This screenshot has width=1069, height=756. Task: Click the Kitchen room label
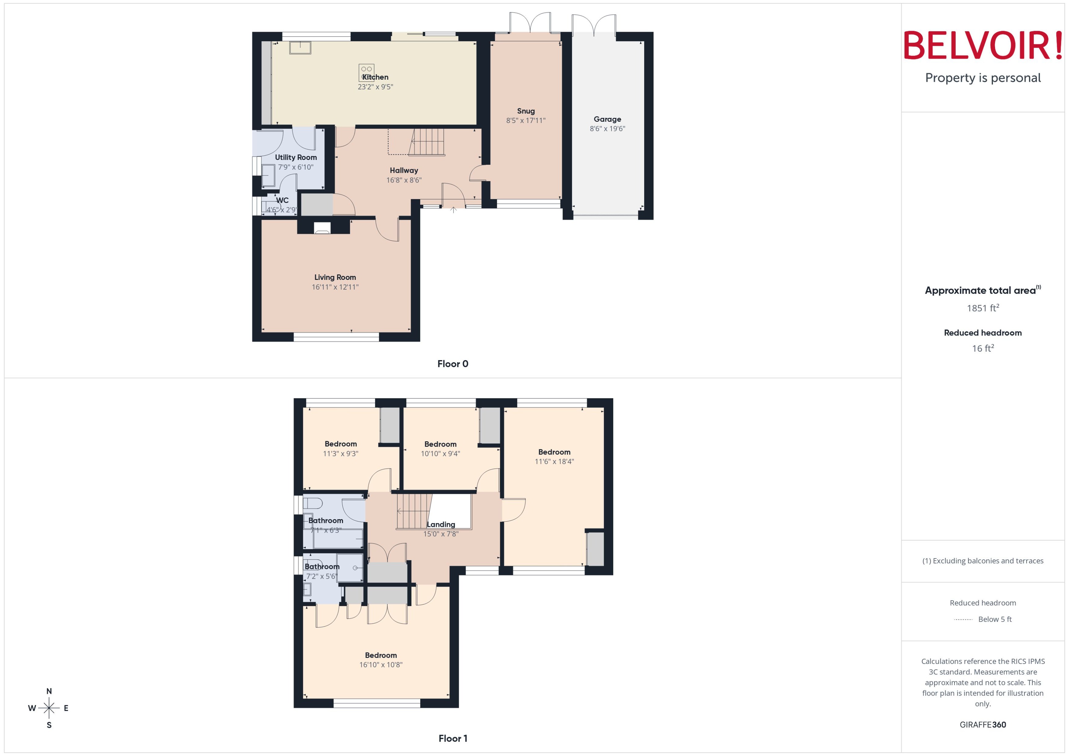coord(375,77)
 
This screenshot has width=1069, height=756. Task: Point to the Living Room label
coord(335,277)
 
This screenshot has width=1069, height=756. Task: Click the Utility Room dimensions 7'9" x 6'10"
coord(296,167)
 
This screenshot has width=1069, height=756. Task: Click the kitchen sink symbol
coord(300,48)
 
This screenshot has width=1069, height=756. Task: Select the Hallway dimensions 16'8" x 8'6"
coord(403,180)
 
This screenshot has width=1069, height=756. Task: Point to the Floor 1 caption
coord(452,738)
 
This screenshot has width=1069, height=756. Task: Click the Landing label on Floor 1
coord(441,524)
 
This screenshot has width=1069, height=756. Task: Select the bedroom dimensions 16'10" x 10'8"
coord(381,665)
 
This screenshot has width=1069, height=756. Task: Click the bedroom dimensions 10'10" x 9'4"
coord(440,454)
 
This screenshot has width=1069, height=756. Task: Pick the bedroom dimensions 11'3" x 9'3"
coord(341,454)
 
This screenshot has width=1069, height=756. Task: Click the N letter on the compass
coord(49,691)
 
